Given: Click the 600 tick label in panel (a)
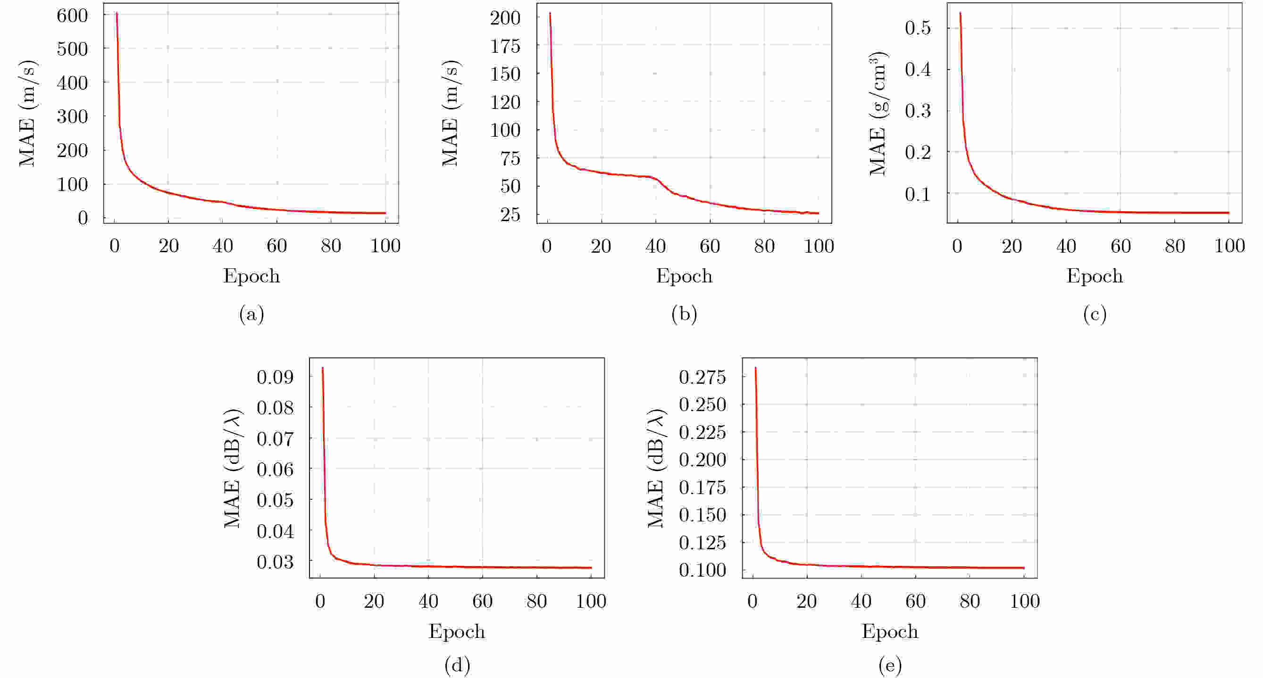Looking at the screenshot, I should click(72, 15).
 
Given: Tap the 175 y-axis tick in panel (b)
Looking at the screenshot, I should click(505, 46).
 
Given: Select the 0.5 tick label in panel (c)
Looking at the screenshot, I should click(918, 28).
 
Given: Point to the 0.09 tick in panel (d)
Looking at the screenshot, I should click(275, 377).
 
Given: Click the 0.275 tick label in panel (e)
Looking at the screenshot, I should click(702, 377).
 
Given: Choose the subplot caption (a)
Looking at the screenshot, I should click(251, 314).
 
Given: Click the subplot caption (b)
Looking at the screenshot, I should click(684, 314).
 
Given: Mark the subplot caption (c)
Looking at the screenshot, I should click(1095, 314).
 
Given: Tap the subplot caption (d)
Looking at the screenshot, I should click(457, 665).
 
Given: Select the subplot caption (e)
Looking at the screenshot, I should click(890, 665).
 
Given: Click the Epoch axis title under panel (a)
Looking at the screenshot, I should click(251, 276).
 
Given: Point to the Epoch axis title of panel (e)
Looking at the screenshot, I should click(890, 631).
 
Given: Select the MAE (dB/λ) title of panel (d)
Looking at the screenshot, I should click(233, 468).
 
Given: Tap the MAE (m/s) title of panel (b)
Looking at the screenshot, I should click(450, 114).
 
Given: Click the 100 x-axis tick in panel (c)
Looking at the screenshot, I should click(1229, 246).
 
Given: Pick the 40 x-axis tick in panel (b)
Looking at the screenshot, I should click(655, 246).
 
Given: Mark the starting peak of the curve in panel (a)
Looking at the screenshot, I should click(117, 13).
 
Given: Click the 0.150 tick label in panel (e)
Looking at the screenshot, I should click(702, 514).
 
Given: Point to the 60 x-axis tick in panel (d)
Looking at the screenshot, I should click(483, 601).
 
